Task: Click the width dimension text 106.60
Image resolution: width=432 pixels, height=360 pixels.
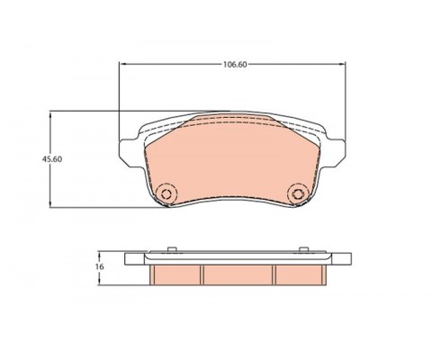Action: click(x=237, y=64)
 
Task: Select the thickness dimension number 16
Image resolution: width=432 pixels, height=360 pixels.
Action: click(x=100, y=267)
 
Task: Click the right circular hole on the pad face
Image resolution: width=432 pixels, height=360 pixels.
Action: click(x=297, y=194)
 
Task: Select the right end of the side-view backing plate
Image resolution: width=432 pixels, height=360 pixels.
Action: click(x=343, y=258)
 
